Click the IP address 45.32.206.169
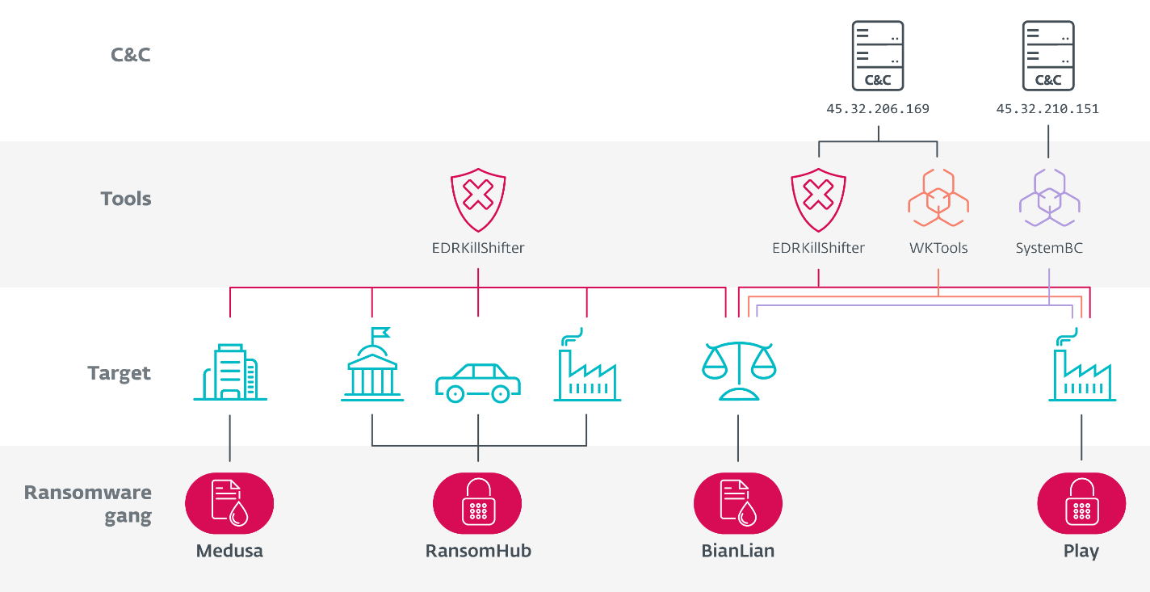(x=877, y=108)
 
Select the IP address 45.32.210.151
(x=1047, y=108)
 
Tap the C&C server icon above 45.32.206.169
(x=877, y=56)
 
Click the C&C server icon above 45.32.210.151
(x=1047, y=56)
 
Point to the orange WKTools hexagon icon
(x=938, y=199)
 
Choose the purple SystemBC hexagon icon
(x=1048, y=199)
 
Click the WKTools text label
(x=938, y=248)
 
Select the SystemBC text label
(x=1048, y=248)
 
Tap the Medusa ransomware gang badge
(x=229, y=503)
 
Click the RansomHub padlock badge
(x=477, y=503)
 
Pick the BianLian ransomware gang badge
(x=738, y=503)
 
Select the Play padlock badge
(x=1081, y=503)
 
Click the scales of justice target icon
(x=738, y=371)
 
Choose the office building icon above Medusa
(x=229, y=372)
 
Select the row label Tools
(x=125, y=199)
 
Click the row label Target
(x=119, y=373)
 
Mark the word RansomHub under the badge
(x=478, y=552)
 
